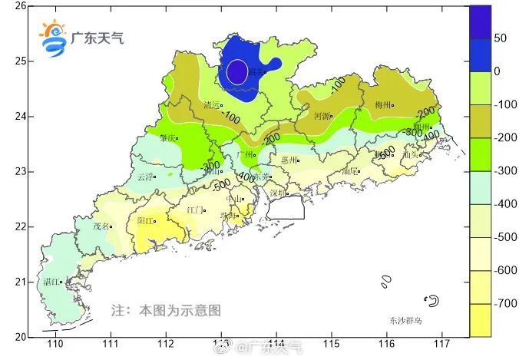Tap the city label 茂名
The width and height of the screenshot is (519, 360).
(101, 226)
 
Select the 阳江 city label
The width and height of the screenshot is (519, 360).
(145, 220)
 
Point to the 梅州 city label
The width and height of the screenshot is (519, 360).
(383, 104)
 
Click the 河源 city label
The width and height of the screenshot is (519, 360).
(322, 117)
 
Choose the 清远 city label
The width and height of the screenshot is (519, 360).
(213, 105)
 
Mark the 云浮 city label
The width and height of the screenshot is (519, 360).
(144, 177)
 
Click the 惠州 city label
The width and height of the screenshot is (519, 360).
(289, 160)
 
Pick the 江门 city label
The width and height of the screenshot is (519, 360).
(195, 210)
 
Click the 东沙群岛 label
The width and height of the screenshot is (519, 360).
(405, 320)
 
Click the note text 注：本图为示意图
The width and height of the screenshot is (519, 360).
(166, 311)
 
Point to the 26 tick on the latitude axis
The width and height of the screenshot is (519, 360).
(21, 6)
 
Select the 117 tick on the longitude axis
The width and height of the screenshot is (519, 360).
(441, 344)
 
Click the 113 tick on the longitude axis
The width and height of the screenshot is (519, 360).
(221, 344)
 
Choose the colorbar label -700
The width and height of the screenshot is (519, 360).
(505, 304)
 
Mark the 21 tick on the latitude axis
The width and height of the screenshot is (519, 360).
(21, 282)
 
